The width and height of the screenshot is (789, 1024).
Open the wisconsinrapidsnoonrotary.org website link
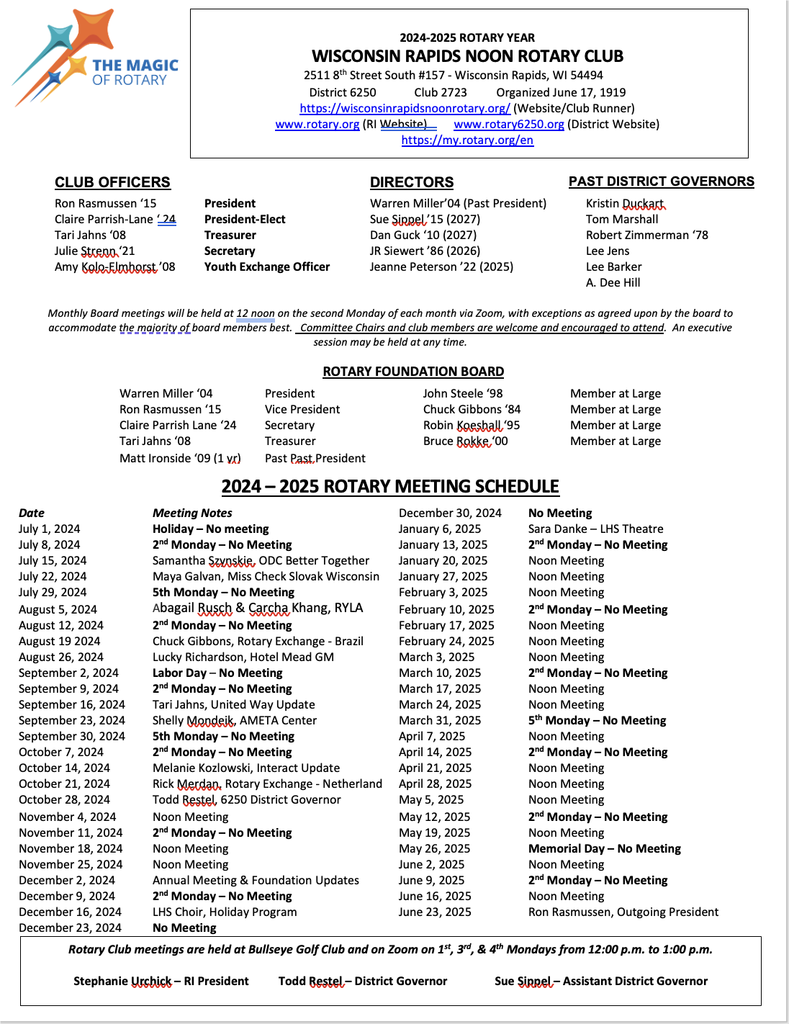tap(405, 108)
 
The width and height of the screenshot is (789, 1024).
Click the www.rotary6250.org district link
tap(508, 124)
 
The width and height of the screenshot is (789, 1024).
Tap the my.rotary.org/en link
tap(467, 140)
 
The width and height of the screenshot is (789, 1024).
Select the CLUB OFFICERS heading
tap(112, 182)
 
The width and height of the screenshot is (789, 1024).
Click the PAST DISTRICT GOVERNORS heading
tap(661, 181)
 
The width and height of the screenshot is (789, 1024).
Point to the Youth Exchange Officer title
tap(266, 266)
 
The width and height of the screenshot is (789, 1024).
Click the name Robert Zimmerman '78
tap(646, 235)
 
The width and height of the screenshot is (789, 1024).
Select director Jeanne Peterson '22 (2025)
tap(441, 266)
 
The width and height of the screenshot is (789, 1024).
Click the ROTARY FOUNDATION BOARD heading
tap(413, 372)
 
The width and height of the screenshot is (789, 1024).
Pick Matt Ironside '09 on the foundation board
tap(180, 458)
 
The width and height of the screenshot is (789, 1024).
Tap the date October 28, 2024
tap(64, 799)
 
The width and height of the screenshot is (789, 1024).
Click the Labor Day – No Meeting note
tap(217, 673)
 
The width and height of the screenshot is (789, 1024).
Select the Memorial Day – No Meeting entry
tap(604, 848)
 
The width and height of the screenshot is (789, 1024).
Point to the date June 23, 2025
tap(435, 912)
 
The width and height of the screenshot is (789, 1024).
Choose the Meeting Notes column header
tap(192, 513)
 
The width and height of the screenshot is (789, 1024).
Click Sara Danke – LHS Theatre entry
tap(595, 529)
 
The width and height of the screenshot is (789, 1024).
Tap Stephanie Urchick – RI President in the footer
tap(161, 981)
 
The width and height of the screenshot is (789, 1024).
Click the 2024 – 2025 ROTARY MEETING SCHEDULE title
tap(390, 486)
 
